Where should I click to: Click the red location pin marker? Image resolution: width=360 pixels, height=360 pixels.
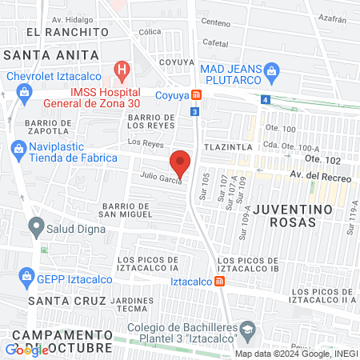pyautogui.click(x=181, y=163)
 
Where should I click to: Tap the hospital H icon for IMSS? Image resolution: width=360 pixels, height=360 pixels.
pyautogui.click(x=122, y=70)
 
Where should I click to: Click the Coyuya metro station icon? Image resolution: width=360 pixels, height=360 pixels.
pyautogui.click(x=196, y=92)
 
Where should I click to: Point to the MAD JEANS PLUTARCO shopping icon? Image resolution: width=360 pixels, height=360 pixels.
pyautogui.click(x=271, y=70)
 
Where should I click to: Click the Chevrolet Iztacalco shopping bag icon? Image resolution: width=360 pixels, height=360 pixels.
pyautogui.click(x=24, y=90)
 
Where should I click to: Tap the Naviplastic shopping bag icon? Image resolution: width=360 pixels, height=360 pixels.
pyautogui.click(x=18, y=148)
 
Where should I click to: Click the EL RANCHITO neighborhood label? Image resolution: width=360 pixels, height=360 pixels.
pyautogui.click(x=66, y=31)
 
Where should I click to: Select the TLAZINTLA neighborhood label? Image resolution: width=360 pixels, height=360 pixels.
pyautogui.click(x=228, y=148)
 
